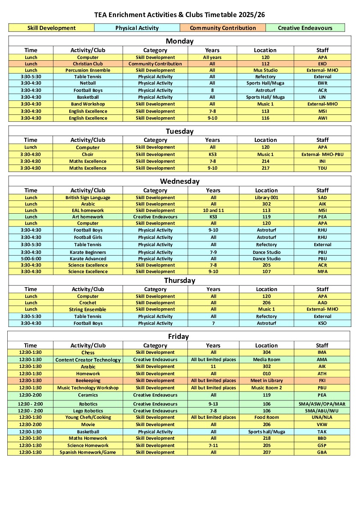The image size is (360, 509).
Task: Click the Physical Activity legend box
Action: (x=137, y=28)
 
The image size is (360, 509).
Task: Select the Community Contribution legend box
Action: (x=223, y=28)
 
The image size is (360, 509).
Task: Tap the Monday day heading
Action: (x=180, y=41)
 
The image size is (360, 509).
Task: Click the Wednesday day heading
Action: (x=180, y=181)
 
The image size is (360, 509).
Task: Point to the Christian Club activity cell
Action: (x=88, y=64)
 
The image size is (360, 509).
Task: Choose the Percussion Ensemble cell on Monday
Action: (x=88, y=70)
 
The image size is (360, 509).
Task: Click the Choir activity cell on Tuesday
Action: (x=88, y=154)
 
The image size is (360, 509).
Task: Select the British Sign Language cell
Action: (x=88, y=197)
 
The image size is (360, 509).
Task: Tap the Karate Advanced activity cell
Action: (x=88, y=259)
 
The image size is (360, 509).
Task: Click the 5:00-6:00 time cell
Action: (x=31, y=259)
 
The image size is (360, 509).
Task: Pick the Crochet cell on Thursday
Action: (x=88, y=303)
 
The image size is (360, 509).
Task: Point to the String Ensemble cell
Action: (x=88, y=309)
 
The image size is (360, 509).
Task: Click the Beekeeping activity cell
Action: (x=88, y=380)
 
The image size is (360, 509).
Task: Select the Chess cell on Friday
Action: (x=88, y=353)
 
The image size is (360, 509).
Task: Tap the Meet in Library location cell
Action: (x=266, y=380)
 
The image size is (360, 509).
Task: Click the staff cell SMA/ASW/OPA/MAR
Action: (x=322, y=404)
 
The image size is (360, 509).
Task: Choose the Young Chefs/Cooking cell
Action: (x=88, y=417)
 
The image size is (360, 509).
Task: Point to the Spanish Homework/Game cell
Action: (x=88, y=452)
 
